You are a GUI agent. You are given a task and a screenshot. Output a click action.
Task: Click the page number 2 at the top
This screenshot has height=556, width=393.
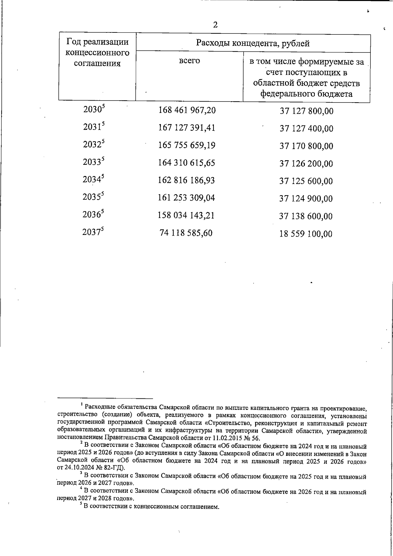point(215,25)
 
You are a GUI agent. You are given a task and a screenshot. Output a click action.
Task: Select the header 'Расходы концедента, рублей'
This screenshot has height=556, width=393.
point(253,43)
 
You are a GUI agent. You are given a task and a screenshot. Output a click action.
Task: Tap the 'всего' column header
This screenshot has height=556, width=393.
point(189,61)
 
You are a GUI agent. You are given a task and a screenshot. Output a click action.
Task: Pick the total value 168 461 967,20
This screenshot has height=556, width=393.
point(187,110)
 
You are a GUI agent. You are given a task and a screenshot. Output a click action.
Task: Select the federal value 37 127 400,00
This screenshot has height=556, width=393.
point(306,128)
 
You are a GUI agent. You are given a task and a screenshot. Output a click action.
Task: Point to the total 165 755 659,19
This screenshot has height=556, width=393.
point(187,145)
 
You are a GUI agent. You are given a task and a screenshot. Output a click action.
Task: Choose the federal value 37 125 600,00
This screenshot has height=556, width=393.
point(306,181)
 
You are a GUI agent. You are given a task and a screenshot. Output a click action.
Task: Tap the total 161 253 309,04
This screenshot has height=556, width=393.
point(187,198)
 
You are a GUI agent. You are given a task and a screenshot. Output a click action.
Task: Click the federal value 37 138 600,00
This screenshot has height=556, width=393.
point(306,216)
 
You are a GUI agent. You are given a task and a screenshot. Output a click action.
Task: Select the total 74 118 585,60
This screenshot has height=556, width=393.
point(186,233)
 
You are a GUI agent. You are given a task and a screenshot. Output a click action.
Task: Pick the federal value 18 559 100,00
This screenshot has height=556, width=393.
point(306,234)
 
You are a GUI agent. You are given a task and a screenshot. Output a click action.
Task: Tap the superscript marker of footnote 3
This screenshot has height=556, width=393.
point(81,473)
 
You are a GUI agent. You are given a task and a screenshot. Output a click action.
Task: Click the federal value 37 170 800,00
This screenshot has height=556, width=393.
point(306,146)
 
